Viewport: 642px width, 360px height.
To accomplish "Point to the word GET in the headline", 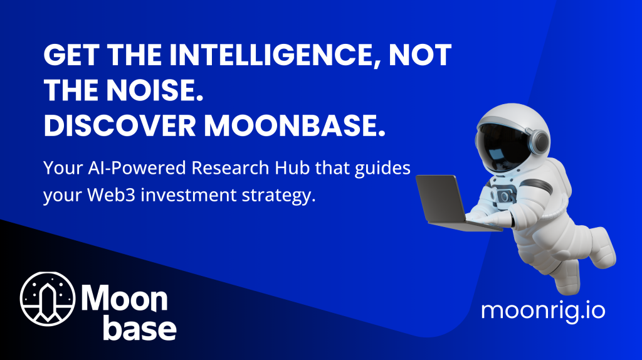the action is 71,55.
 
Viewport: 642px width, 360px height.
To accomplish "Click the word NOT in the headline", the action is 419,55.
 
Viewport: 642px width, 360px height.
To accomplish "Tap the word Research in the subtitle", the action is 230,168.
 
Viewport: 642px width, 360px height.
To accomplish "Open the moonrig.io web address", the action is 543,311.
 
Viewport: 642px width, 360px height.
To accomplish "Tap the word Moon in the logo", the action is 125,297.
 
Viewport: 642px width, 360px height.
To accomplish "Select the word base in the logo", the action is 140,327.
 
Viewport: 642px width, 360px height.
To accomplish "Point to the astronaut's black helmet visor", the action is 504,147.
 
